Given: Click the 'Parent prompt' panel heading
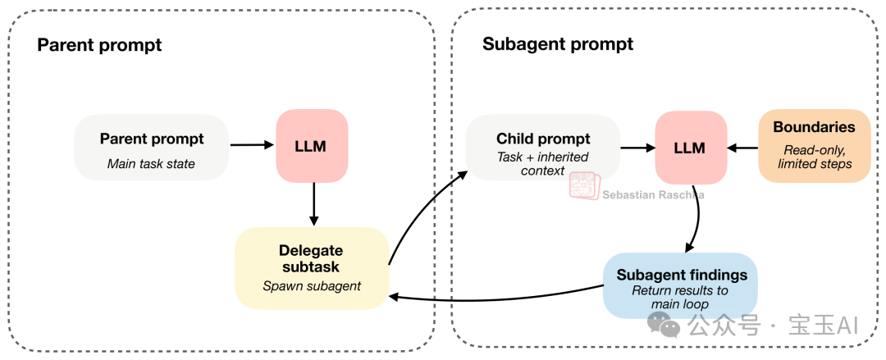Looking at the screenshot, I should (99, 45).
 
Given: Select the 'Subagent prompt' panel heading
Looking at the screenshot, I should (558, 44).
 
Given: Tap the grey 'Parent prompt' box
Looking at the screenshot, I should (152, 148).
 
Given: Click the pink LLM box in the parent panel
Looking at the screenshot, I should (312, 146).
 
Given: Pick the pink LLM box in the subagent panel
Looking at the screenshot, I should (691, 148).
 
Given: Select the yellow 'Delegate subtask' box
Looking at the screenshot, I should (312, 267).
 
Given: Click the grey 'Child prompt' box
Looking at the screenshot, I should (542, 148).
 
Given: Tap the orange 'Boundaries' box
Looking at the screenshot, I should (814, 145).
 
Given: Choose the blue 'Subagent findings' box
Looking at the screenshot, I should (680, 285).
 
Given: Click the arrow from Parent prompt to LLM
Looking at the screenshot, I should (252, 145).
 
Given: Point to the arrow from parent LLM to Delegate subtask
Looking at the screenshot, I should (313, 204).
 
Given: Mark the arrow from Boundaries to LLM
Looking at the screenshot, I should (742, 148).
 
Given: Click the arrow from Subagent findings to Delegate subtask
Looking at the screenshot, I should (492, 295).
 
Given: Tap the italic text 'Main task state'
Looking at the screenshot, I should (152, 163).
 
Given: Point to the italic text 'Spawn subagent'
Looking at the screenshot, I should (312, 286).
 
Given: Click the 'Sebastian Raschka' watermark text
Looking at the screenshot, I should (653, 195).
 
